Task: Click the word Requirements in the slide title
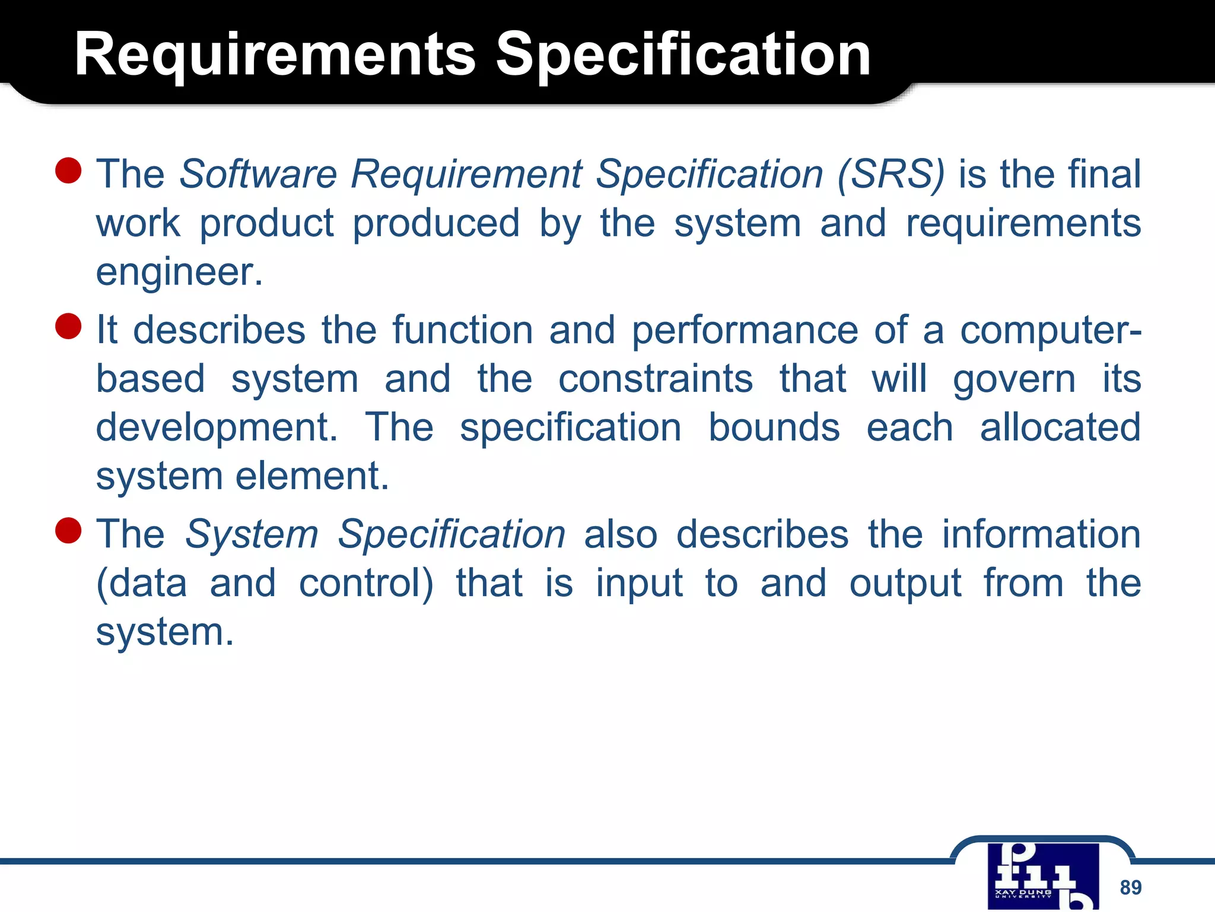[x=275, y=55]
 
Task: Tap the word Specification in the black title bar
[x=683, y=55]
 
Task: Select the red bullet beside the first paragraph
[x=68, y=170]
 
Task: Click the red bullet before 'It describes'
[x=68, y=327]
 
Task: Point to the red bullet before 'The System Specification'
[x=68, y=530]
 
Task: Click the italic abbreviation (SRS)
[x=890, y=175]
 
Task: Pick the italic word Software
[x=258, y=175]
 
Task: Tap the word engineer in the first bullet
[x=179, y=272]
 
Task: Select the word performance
[x=745, y=330]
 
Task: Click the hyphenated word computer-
[x=1050, y=330]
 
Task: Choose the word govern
[x=1014, y=380]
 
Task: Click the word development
[x=217, y=429]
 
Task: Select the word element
[x=312, y=476]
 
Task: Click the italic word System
[x=252, y=534]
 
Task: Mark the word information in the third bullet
[x=1041, y=534]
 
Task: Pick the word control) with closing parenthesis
[x=366, y=584]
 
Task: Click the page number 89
[x=1130, y=888]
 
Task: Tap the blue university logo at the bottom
[x=1043, y=876]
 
